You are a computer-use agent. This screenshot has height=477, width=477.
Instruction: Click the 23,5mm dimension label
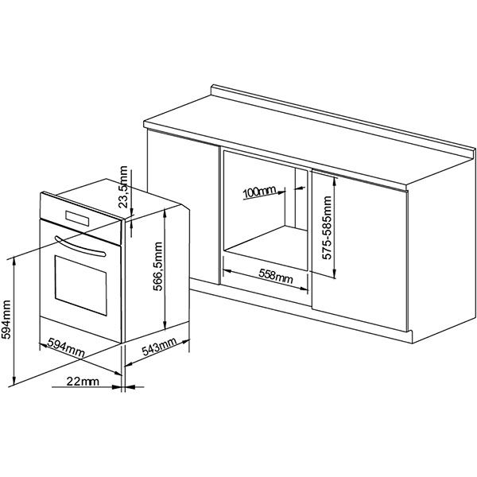[123, 187]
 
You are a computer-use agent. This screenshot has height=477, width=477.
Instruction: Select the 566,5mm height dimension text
[157, 266]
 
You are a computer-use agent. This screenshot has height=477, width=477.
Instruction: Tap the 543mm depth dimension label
[159, 347]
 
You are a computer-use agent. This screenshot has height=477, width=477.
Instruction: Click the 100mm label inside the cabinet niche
[259, 192]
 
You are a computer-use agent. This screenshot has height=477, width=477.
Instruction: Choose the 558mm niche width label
[276, 276]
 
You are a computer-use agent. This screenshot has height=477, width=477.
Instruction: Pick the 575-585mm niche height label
[327, 227]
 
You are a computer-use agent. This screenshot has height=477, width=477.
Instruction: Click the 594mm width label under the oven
[66, 347]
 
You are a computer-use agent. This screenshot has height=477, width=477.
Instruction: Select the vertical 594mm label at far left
[6, 320]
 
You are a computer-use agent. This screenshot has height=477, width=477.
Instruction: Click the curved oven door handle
[80, 246]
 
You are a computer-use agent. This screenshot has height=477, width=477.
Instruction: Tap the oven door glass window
[80, 285]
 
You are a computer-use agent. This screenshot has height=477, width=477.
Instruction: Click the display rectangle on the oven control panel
[77, 219]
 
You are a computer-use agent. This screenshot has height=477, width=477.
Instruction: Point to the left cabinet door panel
[183, 207]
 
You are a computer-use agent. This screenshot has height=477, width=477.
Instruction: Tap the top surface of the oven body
[118, 198]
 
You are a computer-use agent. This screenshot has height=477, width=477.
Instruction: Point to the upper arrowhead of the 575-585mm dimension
[335, 181]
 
